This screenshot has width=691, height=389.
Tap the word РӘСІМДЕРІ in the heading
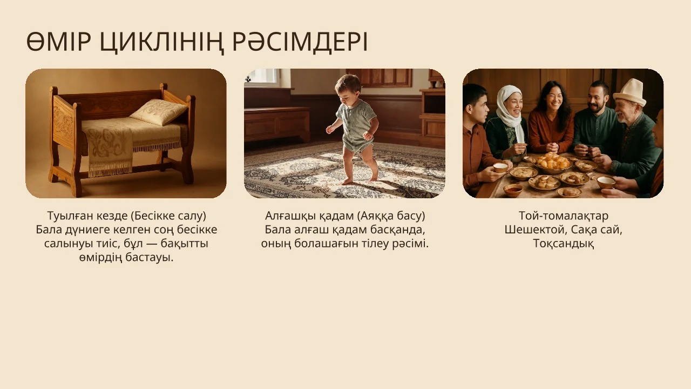(300, 42)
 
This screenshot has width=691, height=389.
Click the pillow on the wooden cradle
(159, 112)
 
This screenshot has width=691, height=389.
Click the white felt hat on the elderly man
(630, 92)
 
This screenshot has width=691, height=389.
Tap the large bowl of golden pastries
(552, 162)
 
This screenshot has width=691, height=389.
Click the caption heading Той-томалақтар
(563, 216)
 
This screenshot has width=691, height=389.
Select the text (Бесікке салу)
(168, 216)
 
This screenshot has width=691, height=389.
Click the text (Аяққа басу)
(391, 216)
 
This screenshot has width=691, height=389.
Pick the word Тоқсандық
(563, 244)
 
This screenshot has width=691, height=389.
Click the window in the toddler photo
(262, 77)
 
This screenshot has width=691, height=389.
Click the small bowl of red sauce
(513, 189)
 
